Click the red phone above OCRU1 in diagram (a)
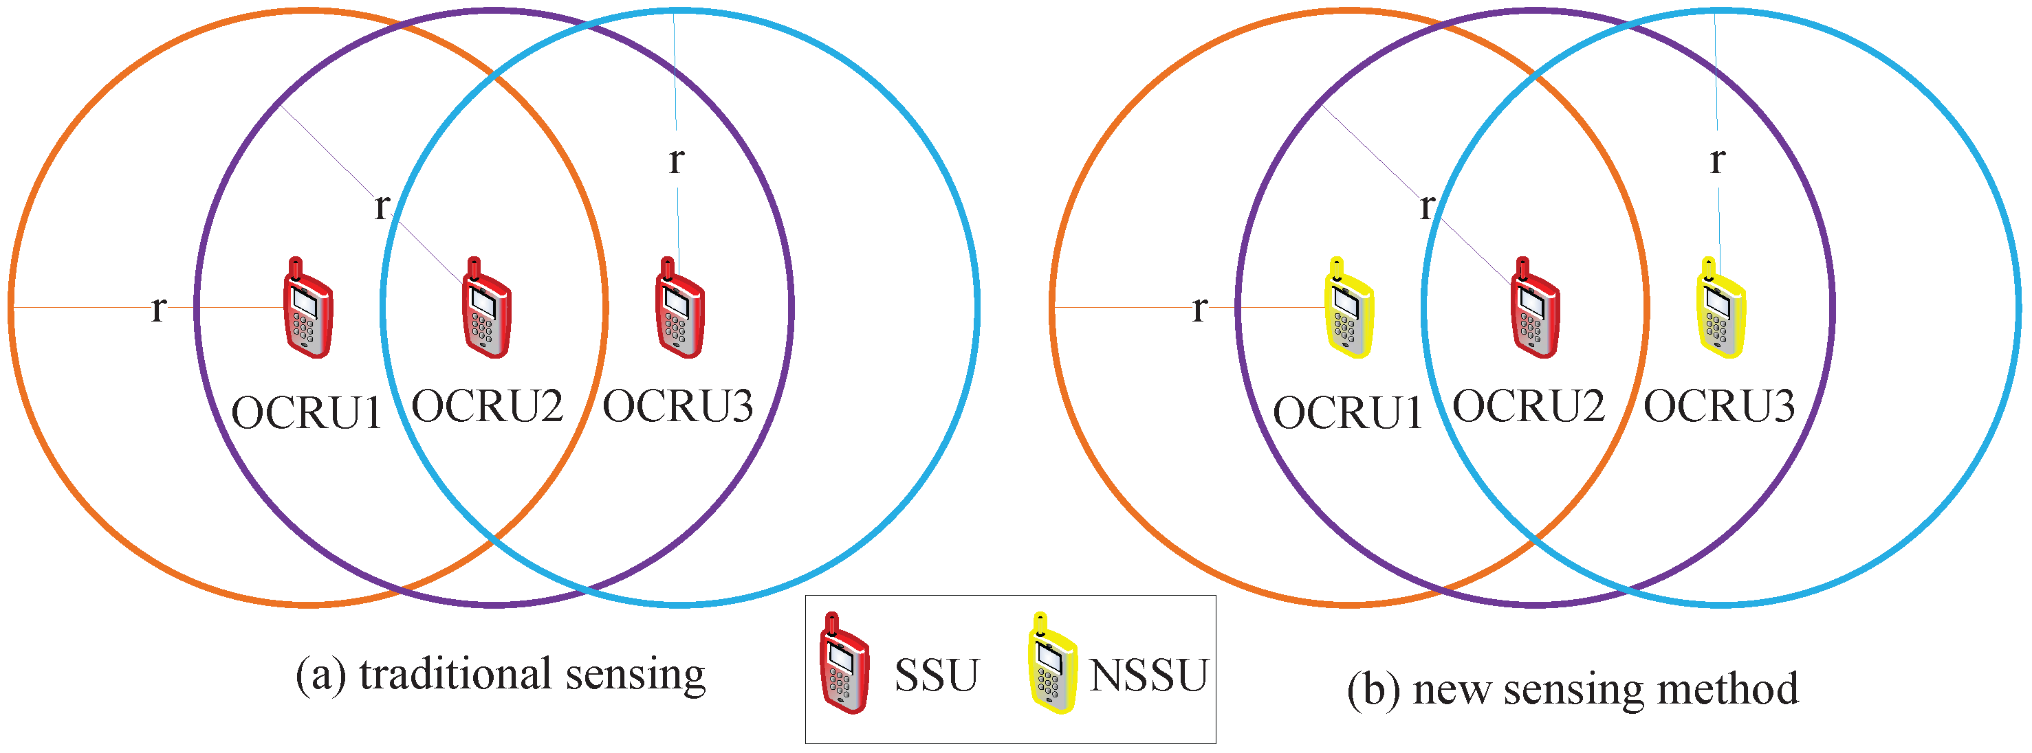307,309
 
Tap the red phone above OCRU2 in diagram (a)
486,309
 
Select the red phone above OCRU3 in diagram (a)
679,309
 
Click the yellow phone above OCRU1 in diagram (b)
1349,309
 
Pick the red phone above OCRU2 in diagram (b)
1534,309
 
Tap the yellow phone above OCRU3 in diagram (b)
1720,309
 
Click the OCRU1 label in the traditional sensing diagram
307,412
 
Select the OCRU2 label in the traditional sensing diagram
488,407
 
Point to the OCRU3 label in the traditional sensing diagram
677,407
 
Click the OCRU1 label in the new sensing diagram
1348,412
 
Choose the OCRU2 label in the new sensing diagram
1529,407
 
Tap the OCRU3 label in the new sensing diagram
1719,407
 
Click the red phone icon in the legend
844,664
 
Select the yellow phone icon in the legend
1052,664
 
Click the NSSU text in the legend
1148,675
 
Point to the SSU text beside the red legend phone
937,675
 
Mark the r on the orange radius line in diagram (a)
159,309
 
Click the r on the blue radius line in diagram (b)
1717,161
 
